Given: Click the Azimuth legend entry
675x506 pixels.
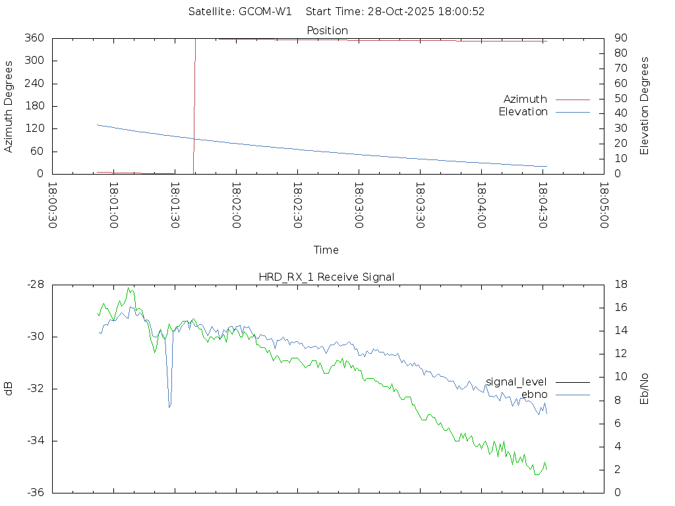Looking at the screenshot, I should coord(525,99).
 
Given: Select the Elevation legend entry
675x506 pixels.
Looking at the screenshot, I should coord(523,112).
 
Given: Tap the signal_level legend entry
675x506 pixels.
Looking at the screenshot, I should coord(516,381).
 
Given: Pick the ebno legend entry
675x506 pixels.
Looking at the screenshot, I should coord(534,395).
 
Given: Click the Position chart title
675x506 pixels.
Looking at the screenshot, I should coord(327,30).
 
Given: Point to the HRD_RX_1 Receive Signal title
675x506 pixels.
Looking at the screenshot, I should coord(326,277).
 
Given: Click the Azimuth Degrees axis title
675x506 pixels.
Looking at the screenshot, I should coord(9,106).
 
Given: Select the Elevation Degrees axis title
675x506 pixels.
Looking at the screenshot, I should coord(645,106).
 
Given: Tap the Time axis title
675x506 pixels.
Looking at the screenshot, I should coord(326,250).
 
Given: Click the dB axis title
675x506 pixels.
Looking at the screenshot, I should coord(9,389).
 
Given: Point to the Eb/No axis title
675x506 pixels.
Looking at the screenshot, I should coord(645,389).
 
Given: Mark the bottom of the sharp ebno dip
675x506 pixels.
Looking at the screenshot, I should coord(169,407).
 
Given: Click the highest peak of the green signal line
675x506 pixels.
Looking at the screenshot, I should coord(130,288).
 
